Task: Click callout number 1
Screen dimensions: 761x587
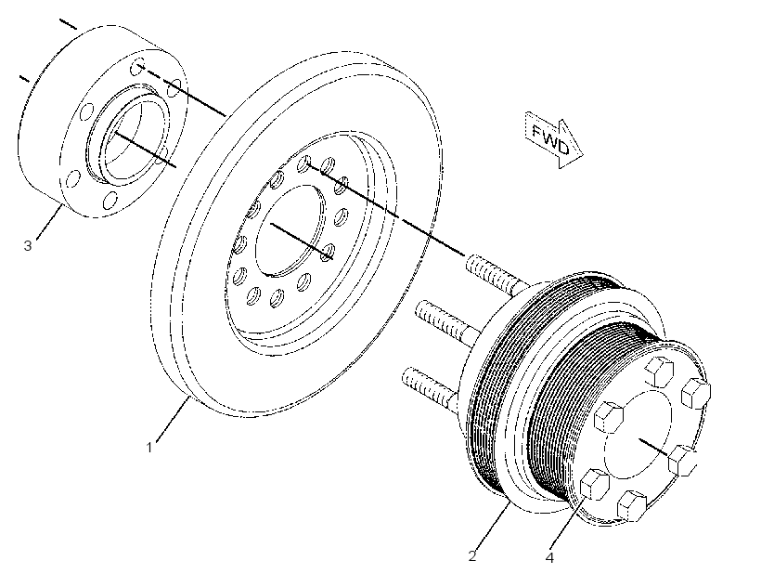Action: [x=149, y=448]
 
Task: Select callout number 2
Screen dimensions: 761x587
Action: [x=472, y=556]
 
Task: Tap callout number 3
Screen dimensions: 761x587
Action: [x=28, y=246]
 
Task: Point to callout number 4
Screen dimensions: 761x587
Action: [x=549, y=558]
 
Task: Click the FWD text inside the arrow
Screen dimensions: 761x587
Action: [x=551, y=139]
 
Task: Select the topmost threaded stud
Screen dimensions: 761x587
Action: [x=495, y=275]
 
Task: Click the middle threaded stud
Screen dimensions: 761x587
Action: [x=445, y=322]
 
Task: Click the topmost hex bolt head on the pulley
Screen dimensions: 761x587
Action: [x=660, y=371]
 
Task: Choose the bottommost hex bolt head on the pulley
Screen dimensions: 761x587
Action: [x=632, y=505]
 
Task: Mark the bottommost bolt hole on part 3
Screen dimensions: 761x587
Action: [x=110, y=200]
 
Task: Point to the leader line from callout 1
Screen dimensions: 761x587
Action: [x=173, y=419]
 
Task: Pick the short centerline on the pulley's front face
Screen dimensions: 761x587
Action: [x=654, y=447]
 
